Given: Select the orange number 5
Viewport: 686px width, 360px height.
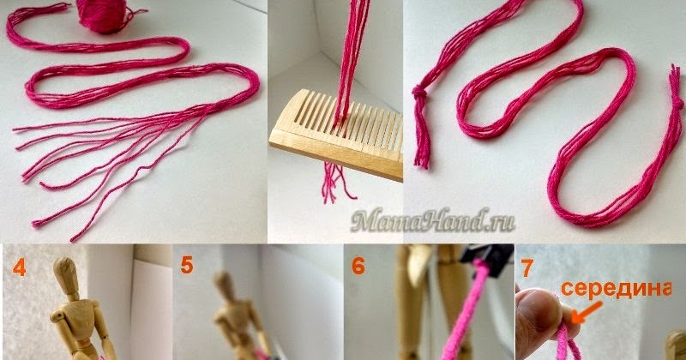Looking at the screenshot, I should click(187, 265).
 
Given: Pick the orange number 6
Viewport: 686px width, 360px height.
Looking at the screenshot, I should click(358, 265).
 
